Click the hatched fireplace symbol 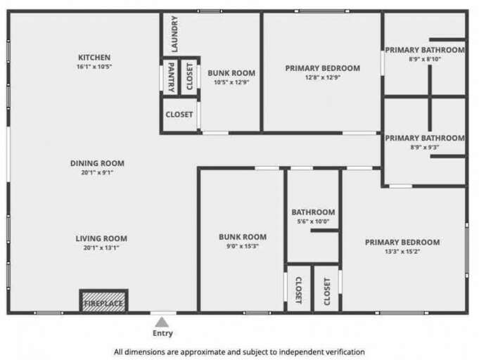pos(103,301)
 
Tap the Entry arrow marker pos(162,322)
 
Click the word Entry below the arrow pos(162,333)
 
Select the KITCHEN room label pos(94,58)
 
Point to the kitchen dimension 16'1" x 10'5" pos(94,67)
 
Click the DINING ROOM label pos(97,163)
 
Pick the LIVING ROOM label pos(101,238)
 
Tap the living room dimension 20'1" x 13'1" pos(101,247)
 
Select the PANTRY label pos(170,77)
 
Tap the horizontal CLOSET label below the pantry pos(179,115)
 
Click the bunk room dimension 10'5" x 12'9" pos(231,82)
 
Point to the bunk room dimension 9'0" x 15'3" pos(243,246)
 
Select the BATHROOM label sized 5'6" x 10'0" pos(313,212)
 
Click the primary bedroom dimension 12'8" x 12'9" pos(322,78)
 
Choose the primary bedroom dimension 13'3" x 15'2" pos(402,252)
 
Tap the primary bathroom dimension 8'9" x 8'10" pos(424,59)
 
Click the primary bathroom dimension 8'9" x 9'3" pos(424,147)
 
